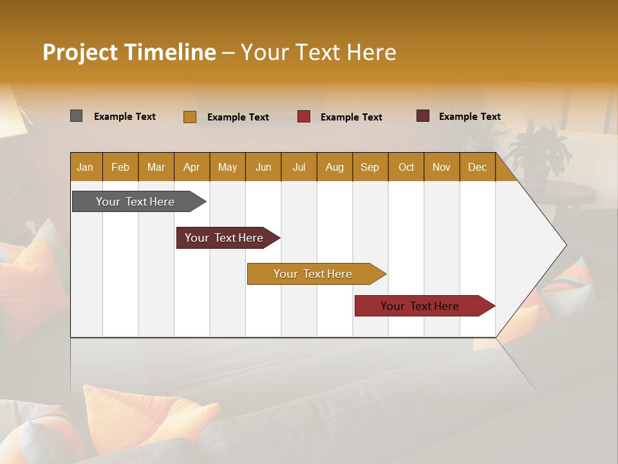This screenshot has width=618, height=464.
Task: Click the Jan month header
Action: [85, 167]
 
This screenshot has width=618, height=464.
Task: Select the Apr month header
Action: [191, 167]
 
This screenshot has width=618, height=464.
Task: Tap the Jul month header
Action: [299, 167]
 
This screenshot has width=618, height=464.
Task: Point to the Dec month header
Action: [477, 167]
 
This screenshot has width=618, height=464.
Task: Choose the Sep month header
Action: [370, 167]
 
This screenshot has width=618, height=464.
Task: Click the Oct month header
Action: [406, 167]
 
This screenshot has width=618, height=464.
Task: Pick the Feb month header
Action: [120, 167]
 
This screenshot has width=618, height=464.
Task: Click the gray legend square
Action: [76, 116]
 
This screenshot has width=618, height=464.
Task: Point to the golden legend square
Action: [189, 117]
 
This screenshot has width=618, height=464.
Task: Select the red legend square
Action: [304, 117]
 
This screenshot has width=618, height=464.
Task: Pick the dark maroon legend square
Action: [422, 116]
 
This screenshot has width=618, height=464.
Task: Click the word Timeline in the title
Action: [169, 52]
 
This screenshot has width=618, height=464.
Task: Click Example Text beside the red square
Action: [351, 117]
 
